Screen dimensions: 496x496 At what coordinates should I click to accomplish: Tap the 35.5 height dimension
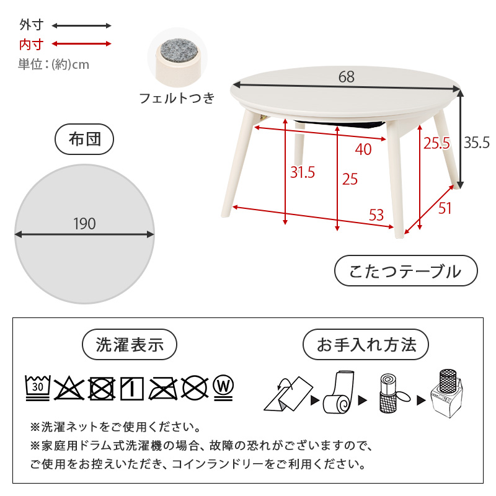point(477,142)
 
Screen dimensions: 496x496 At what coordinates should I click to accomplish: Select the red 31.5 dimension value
point(303,172)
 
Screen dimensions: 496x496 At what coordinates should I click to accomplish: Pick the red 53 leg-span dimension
point(376,215)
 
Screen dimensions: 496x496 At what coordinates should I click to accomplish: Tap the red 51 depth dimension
point(445,208)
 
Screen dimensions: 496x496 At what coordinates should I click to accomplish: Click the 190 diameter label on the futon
point(84,224)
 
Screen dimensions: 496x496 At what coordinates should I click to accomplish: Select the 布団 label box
point(85,139)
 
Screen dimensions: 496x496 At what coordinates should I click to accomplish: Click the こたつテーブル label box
point(406,272)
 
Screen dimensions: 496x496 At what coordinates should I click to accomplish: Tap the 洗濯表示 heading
point(130,345)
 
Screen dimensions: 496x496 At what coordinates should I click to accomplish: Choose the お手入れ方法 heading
point(366,345)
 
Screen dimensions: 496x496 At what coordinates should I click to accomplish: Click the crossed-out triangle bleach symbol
point(69,387)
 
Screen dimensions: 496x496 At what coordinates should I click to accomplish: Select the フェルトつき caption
point(177,98)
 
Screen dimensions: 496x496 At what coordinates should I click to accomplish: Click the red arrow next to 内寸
point(81,44)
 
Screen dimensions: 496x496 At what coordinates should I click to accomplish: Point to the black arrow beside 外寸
point(81,26)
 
